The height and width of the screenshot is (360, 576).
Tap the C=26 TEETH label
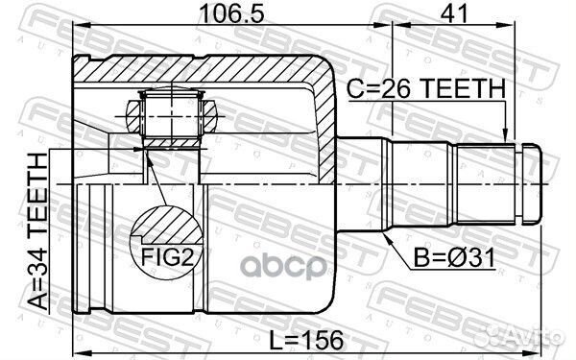coord(425,89)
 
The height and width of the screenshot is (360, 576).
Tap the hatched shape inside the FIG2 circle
coord(163,228)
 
